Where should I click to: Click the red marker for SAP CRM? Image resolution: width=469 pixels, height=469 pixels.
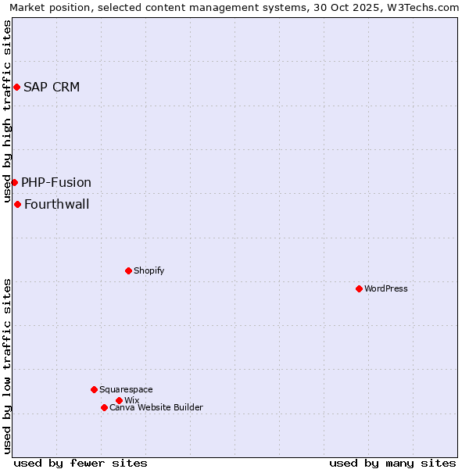16,87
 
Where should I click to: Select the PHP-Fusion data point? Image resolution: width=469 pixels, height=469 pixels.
14,182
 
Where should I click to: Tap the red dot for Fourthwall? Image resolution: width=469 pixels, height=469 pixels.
17,205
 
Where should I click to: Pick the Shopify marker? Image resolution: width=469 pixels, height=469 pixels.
128,270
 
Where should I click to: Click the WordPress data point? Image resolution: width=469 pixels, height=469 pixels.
359,288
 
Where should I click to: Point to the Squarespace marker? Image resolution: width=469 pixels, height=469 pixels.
94,389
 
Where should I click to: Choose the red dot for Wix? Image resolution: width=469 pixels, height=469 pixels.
119,400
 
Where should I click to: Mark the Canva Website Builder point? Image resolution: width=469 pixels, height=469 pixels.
104,407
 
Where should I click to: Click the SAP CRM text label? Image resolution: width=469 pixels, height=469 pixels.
52,87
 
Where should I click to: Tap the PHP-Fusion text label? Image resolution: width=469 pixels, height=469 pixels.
56,182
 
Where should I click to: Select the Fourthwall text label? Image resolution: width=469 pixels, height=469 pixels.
57,205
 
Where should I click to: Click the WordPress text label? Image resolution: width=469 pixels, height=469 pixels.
386,288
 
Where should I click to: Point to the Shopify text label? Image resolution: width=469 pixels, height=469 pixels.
149,270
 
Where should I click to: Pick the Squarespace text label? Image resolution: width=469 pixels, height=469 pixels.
126,389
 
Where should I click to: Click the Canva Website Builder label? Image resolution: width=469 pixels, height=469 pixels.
156,407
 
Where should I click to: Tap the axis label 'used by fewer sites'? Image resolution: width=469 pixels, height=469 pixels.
81,463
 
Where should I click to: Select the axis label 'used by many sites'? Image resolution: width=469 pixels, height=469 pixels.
392,463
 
